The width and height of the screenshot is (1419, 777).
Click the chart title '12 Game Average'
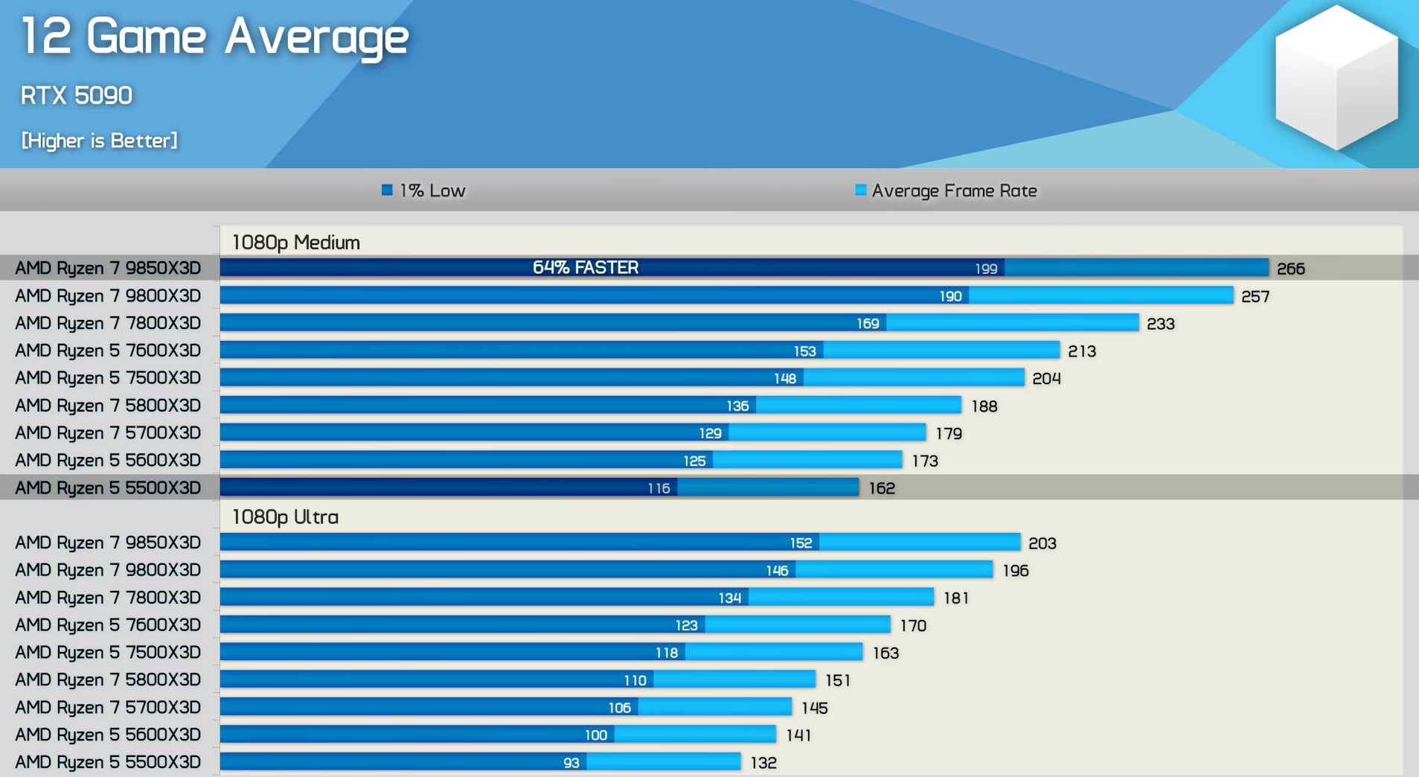tap(214, 36)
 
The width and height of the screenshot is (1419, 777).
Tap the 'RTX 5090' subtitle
tap(77, 95)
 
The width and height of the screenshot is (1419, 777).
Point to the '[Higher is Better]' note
tap(100, 141)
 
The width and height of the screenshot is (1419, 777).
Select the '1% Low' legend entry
tap(423, 191)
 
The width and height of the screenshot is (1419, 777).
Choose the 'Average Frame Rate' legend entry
tap(946, 191)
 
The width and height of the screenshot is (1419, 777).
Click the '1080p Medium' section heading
tap(295, 243)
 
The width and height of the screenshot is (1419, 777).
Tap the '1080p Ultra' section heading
tap(285, 517)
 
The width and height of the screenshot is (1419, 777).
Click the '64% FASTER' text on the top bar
tap(586, 268)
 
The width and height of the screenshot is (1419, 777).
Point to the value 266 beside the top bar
tap(1290, 269)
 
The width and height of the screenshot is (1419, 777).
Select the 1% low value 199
tap(986, 269)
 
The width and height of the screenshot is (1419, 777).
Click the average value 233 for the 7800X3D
tap(1160, 324)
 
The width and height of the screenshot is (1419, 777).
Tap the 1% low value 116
tap(659, 488)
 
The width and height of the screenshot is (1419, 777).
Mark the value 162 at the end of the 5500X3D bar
tap(882, 488)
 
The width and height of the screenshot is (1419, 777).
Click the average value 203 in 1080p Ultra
tap(1042, 543)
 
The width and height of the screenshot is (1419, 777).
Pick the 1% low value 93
tap(571, 763)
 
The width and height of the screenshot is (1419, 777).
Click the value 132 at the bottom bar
tap(763, 763)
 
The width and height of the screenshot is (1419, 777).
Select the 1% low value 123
tap(686, 625)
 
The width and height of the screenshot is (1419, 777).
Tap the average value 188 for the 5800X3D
tap(984, 406)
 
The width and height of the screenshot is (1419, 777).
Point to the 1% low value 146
tap(777, 571)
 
